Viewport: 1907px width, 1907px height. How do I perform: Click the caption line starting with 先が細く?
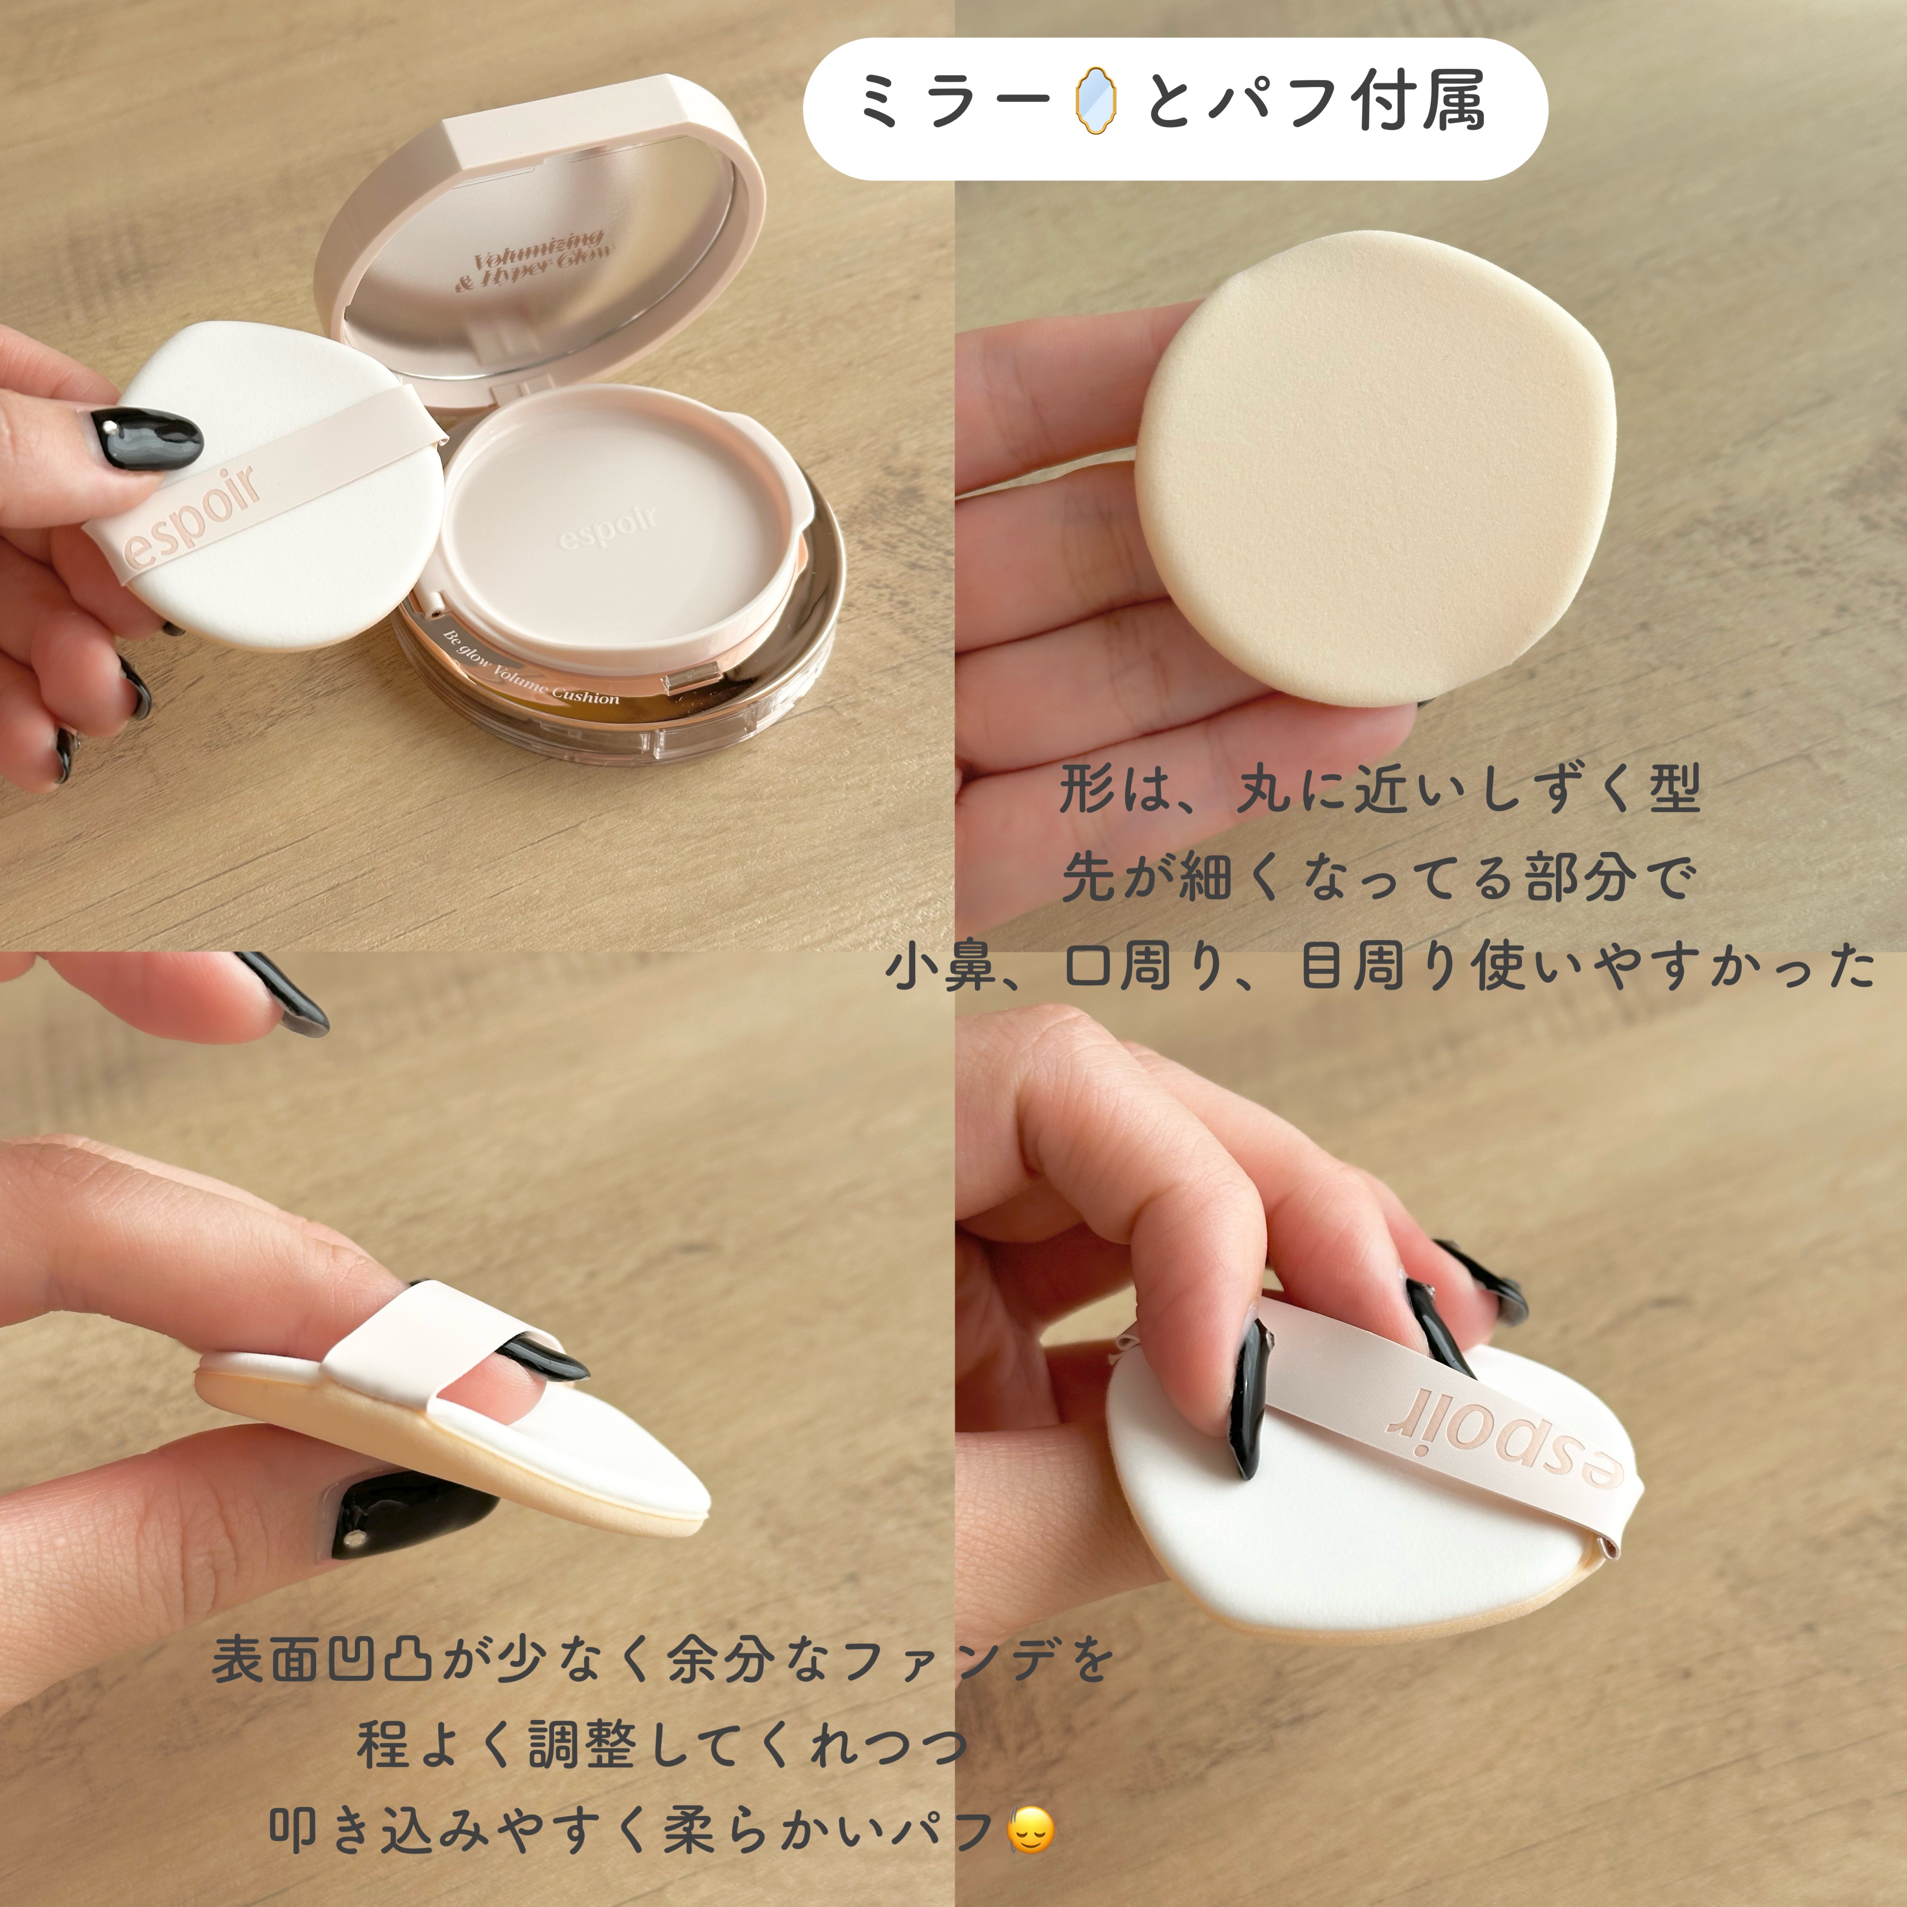coord(1380,878)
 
